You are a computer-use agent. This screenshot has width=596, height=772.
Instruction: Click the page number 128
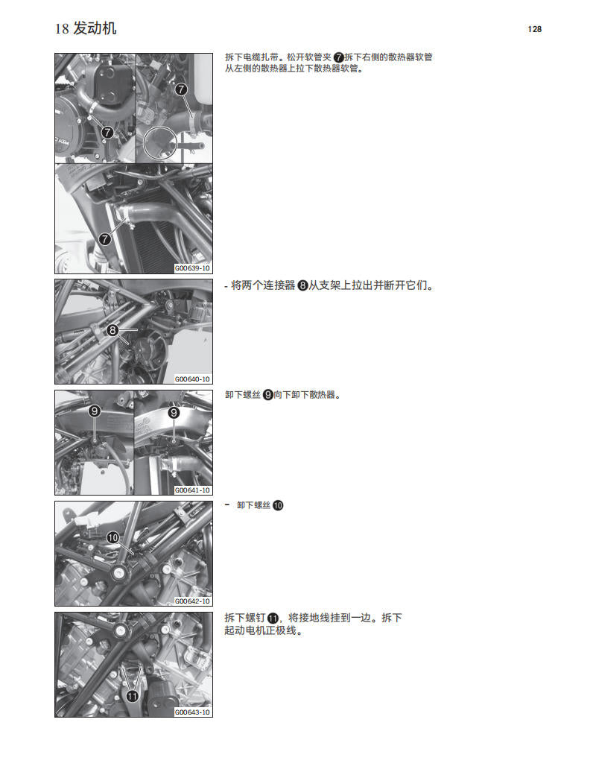[x=533, y=29]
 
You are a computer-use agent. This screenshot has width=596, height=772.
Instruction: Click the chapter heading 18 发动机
[x=86, y=29]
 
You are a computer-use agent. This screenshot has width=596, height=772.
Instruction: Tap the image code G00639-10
[x=192, y=268]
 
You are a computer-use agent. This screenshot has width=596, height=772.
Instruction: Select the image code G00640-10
[x=192, y=379]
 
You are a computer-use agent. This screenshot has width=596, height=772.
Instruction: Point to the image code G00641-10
[x=192, y=490]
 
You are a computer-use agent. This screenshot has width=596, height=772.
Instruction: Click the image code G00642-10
[x=192, y=601]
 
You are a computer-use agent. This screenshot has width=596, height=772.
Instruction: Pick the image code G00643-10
[x=192, y=712]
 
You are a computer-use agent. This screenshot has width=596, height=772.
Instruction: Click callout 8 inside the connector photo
[x=112, y=330]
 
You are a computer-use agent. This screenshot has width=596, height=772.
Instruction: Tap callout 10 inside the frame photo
[x=112, y=537]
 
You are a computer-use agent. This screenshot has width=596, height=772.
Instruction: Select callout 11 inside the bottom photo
[x=132, y=696]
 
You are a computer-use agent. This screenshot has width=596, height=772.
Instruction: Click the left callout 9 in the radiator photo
[x=95, y=411]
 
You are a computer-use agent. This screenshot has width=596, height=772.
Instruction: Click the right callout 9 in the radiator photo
[x=174, y=411]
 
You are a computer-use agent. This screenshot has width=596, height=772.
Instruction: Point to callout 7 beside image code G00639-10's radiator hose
[x=105, y=239]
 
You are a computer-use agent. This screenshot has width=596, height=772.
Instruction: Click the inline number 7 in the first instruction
[x=339, y=57]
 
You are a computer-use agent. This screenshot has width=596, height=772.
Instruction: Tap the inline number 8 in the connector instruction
[x=302, y=285]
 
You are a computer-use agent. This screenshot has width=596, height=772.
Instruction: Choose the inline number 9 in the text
[x=268, y=395]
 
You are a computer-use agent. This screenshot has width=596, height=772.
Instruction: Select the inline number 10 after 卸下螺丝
[x=278, y=505]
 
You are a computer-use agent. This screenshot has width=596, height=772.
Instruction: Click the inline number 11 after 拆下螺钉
[x=273, y=618]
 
